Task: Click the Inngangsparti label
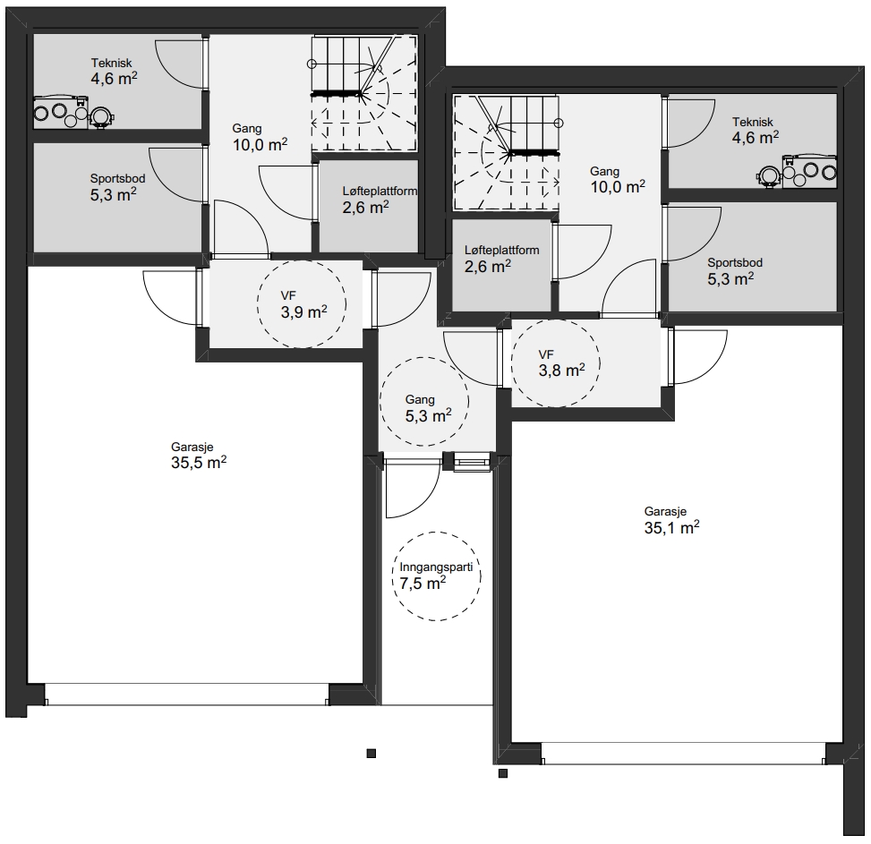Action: pyautogui.click(x=436, y=567)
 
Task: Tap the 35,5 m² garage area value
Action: pyautogui.click(x=199, y=462)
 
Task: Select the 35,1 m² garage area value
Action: pyautogui.click(x=671, y=527)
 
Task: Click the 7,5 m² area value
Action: pyautogui.click(x=423, y=583)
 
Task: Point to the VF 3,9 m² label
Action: pyautogui.click(x=303, y=305)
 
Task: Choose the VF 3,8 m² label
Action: pyautogui.click(x=561, y=363)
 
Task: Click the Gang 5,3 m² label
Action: pyautogui.click(x=428, y=409)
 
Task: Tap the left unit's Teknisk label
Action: pyautogui.click(x=112, y=64)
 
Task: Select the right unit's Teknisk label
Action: pyautogui.click(x=752, y=122)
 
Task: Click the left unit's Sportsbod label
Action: pyautogui.click(x=118, y=179)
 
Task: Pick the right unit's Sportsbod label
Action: pyautogui.click(x=734, y=262)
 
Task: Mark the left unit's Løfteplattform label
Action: pyautogui.click(x=380, y=192)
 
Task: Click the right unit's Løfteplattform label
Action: pyautogui.click(x=501, y=251)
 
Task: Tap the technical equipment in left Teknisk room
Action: pyautogui.click(x=73, y=113)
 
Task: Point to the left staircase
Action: pyautogui.click(x=363, y=94)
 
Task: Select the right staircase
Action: pyautogui.click(x=507, y=152)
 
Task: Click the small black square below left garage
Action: pyautogui.click(x=371, y=754)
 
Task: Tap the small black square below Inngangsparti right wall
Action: pyautogui.click(x=503, y=773)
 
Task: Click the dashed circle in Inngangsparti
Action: pyautogui.click(x=437, y=533)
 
